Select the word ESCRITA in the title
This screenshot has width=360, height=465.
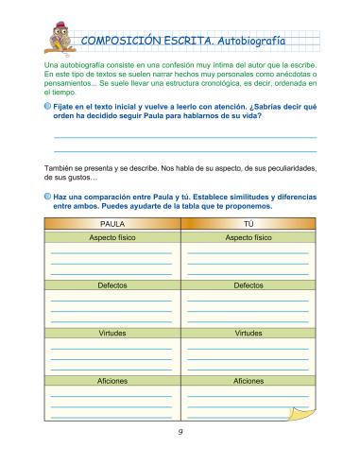192,41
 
